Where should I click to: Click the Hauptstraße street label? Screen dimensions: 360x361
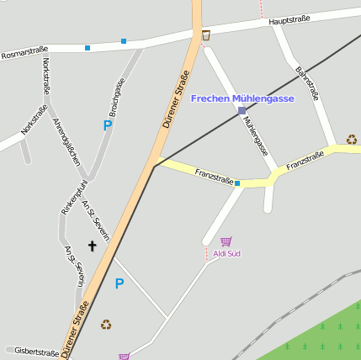coord(289,19)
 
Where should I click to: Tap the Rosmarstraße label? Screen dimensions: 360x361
coord(24,52)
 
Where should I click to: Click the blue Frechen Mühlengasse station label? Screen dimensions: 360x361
coord(242,98)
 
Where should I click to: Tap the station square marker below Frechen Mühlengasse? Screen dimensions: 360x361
coord(242,110)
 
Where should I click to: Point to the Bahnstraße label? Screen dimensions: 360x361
coord(307,83)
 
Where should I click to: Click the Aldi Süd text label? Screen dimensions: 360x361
coord(226,253)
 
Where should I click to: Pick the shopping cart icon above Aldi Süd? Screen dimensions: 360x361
coord(226,241)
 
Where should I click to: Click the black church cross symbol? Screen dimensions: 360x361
coord(93,246)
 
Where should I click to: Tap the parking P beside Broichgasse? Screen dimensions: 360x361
coord(107,125)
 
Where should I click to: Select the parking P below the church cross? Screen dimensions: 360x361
coord(119,283)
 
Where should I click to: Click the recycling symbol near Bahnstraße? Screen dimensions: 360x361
coord(351,140)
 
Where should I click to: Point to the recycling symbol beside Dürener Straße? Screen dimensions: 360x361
coord(106,324)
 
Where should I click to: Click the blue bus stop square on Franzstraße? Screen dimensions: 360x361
coord(237,183)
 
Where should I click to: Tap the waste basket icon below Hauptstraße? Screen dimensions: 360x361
coord(206,34)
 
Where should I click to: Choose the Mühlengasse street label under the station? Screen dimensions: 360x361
coord(255,136)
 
